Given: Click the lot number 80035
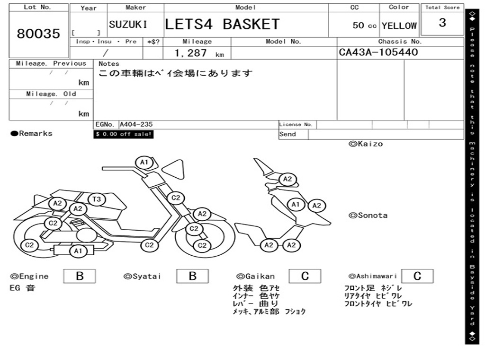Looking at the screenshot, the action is tap(39, 34).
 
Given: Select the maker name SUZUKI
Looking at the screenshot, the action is tap(128, 25).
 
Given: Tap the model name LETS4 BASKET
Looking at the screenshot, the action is tap(222, 24).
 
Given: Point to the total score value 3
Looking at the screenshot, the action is tap(442, 23).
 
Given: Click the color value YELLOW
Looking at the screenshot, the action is tap(399, 26).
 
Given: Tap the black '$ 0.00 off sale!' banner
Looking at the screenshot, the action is tap(124, 134).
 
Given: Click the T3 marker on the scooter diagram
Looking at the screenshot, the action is tap(96, 199).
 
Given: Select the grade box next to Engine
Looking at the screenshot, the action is tap(79, 276).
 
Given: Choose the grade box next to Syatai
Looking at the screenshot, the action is tap(192, 276).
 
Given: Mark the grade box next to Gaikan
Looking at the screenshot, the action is tap(305, 276).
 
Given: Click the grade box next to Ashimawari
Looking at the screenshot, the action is tap(417, 276).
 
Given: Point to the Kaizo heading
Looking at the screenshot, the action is tap(366, 144).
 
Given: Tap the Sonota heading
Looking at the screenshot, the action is tap(368, 216).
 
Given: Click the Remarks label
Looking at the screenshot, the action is tap(32, 134).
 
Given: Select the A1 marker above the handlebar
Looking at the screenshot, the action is tap(144, 163).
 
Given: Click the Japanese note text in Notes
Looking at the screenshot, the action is tap(175, 74).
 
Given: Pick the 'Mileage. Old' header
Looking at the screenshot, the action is tap(51, 94).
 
